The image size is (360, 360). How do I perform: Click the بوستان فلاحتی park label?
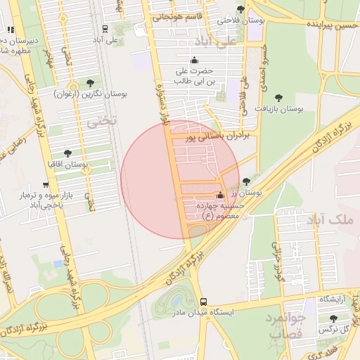pyautogui.click(x=241, y=20)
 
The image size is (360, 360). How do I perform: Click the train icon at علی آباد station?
pyautogui.click(x=105, y=29)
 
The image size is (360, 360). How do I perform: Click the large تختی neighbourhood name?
pyautogui.click(x=101, y=122)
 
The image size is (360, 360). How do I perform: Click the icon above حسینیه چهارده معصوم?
pyautogui.click(x=221, y=195)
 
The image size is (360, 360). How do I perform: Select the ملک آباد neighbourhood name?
pyautogui.click(x=330, y=221)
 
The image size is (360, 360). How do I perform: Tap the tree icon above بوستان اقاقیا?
pyautogui.click(x=67, y=153)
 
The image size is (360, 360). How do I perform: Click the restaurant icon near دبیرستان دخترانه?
pyautogui.click(x=10, y=30)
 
